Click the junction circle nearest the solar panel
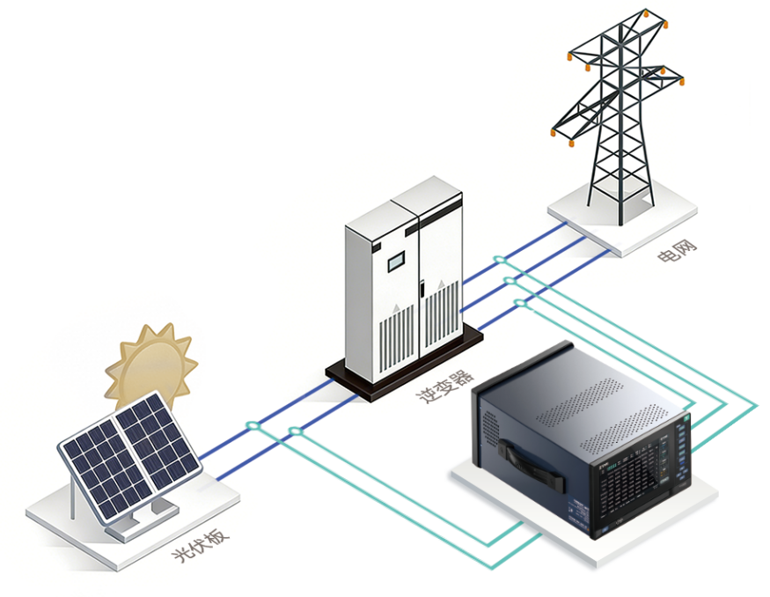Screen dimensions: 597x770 pyautogui.click(x=253, y=426)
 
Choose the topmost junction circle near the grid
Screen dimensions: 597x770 pyautogui.click(x=499, y=259)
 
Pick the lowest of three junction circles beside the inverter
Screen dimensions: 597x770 pyautogui.click(x=520, y=303)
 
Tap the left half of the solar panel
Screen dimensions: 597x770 pyautogui.click(x=96, y=468)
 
